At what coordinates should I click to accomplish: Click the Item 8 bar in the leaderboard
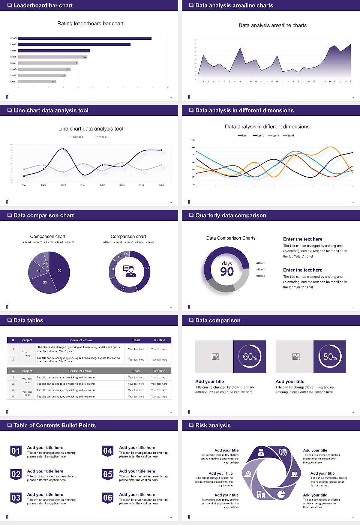tap(85, 38)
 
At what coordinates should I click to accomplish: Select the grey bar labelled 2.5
tap(37, 81)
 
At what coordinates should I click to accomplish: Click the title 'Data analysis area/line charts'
tap(272, 25)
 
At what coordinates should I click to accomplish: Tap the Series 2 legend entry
tap(102, 137)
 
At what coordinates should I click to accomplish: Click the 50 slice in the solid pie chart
tap(59, 271)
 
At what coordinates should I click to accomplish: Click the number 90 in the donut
tap(227, 271)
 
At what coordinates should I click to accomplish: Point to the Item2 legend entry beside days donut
tap(261, 270)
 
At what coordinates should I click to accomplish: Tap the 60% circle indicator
tap(249, 357)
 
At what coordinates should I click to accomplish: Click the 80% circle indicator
tap(330, 357)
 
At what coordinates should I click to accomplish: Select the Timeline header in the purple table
tap(159, 340)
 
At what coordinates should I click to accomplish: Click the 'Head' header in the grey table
tap(136, 371)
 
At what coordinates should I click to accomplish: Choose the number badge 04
tap(108, 451)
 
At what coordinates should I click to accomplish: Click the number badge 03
tap(16, 498)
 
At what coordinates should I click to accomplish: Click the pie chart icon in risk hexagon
tap(281, 494)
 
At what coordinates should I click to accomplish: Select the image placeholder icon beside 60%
tap(215, 357)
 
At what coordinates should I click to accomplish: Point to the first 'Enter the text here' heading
tap(303, 239)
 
